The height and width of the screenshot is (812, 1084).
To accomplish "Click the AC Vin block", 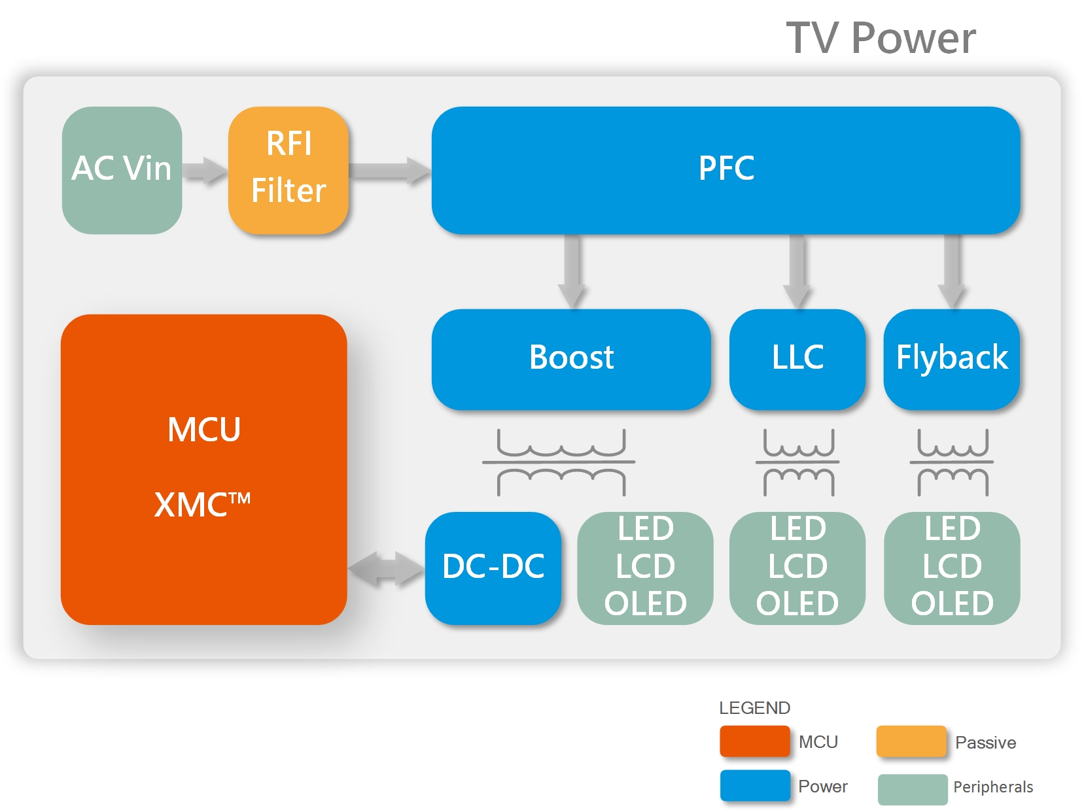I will (x=122, y=170).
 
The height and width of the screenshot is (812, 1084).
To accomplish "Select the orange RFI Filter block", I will (x=288, y=170).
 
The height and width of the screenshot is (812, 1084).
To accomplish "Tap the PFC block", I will (x=726, y=170).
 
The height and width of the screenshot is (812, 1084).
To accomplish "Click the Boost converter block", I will (x=570, y=359).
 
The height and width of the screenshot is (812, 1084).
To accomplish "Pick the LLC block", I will (x=797, y=359).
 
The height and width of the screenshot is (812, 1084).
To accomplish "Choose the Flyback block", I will (x=951, y=359).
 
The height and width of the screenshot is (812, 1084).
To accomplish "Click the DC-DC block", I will (x=493, y=567).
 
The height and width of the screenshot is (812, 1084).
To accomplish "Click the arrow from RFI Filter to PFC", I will (x=390, y=171).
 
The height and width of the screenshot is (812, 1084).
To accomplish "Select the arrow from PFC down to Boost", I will (x=572, y=271).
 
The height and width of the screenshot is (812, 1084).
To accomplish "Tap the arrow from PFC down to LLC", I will (x=797, y=271).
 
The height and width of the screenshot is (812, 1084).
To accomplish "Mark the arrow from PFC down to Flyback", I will (x=952, y=271).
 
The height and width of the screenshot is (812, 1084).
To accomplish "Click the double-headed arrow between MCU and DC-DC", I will (x=386, y=568).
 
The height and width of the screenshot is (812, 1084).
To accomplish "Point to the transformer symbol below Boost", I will (x=560, y=462).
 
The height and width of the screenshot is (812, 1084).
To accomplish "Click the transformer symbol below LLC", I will (x=798, y=462).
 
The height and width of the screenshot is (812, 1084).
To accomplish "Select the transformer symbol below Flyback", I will (x=953, y=462).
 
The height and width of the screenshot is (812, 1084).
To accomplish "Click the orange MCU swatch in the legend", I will (x=754, y=741).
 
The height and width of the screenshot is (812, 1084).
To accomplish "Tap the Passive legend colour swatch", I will (x=911, y=741).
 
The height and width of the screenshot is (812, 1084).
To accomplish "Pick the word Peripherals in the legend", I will (x=992, y=787).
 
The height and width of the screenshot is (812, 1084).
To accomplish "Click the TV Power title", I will (x=881, y=38).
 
